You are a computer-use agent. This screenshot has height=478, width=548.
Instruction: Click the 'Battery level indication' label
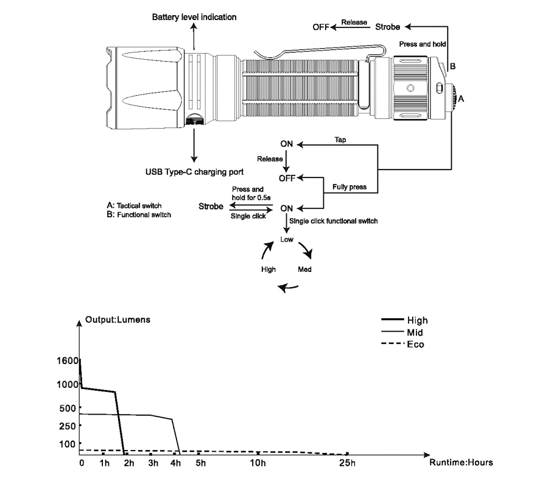(194, 17)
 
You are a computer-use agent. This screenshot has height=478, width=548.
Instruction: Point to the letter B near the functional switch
(452, 65)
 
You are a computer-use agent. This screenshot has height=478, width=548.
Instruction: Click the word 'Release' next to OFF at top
(354, 23)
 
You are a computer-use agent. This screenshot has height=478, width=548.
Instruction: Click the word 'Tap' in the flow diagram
(341, 140)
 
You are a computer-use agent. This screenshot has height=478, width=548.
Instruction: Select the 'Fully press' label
(349, 187)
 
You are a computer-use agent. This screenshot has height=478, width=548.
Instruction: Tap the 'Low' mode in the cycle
(287, 240)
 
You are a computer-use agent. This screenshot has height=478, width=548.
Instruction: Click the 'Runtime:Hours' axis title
(461, 462)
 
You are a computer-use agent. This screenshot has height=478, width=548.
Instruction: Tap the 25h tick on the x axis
(347, 463)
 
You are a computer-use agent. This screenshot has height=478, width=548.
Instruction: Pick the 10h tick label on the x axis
(258, 463)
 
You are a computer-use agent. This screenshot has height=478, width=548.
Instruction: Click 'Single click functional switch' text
(334, 221)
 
